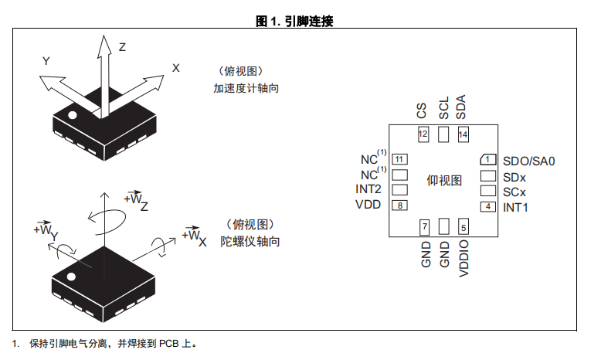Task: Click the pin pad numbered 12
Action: click(x=423, y=134)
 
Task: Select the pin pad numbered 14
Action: click(x=463, y=134)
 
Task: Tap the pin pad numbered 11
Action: click(x=399, y=159)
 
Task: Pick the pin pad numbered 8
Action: click(x=399, y=205)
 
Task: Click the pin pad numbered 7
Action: click(x=424, y=226)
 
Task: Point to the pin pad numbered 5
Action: click(x=463, y=226)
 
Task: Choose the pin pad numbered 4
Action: click(x=488, y=206)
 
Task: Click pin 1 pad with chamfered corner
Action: click(x=488, y=159)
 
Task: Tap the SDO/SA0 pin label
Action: click(x=529, y=161)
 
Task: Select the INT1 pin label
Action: click(x=515, y=207)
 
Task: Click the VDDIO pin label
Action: click(x=463, y=258)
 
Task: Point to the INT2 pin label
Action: click(x=368, y=189)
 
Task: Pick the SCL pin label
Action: click(x=443, y=107)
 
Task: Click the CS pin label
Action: click(x=421, y=110)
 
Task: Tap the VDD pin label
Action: click(x=368, y=205)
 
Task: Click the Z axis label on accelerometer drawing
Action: click(x=122, y=47)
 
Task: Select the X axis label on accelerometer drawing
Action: click(x=176, y=68)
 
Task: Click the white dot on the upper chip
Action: click(x=72, y=114)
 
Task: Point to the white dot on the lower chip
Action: click(x=71, y=277)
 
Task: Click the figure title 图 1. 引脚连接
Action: click(x=294, y=21)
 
